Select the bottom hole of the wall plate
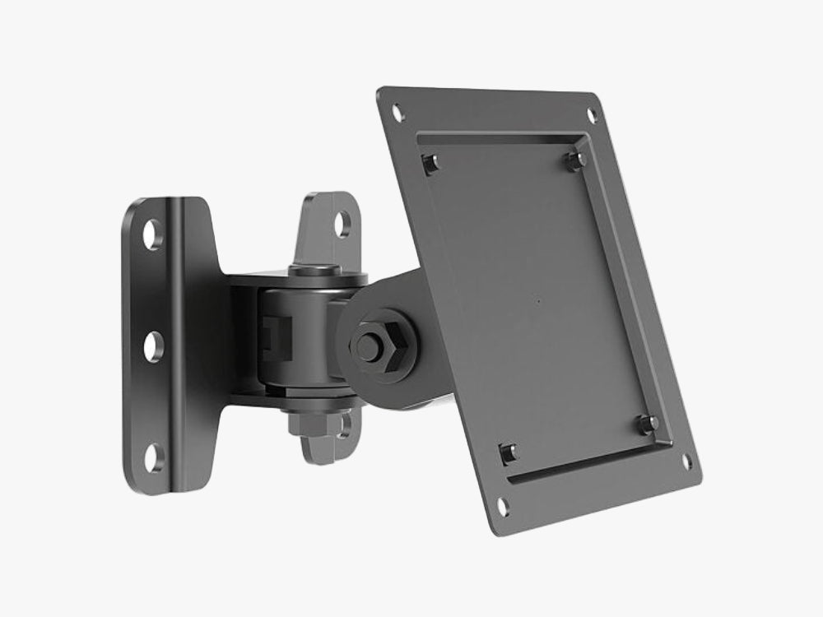(154, 456)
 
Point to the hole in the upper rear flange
(343, 223)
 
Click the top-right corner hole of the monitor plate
(592, 114)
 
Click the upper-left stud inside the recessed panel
(430, 163)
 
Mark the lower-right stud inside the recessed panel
(648, 424)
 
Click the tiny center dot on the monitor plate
(538, 301)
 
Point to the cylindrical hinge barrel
(300, 337)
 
